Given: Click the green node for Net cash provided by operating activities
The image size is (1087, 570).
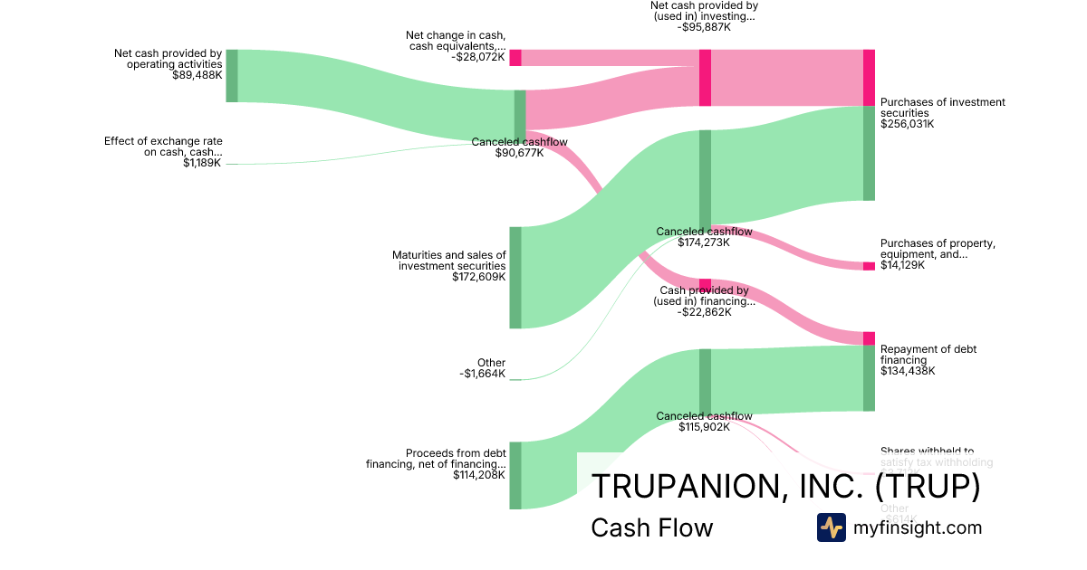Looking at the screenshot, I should pos(232,76).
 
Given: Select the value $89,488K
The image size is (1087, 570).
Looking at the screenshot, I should pos(197,75).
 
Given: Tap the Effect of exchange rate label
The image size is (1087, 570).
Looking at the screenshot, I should pos(163,147).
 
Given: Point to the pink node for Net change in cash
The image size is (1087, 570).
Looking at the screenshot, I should pos(515,58).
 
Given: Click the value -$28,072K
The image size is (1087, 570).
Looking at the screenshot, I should pos(477,56).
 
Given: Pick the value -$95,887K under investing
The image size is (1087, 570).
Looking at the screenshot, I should pos(704,27).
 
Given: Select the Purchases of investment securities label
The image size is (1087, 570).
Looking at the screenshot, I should pos(942,108).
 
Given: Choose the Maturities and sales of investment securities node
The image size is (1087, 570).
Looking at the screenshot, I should pos(515,277).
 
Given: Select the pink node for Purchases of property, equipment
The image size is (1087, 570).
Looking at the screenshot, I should pos(869,266).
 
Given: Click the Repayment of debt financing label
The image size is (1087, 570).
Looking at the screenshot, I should pos(928,355).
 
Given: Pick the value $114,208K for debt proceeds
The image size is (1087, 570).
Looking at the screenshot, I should pos(479,475).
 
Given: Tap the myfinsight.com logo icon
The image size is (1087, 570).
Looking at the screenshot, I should pos(831,527).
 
